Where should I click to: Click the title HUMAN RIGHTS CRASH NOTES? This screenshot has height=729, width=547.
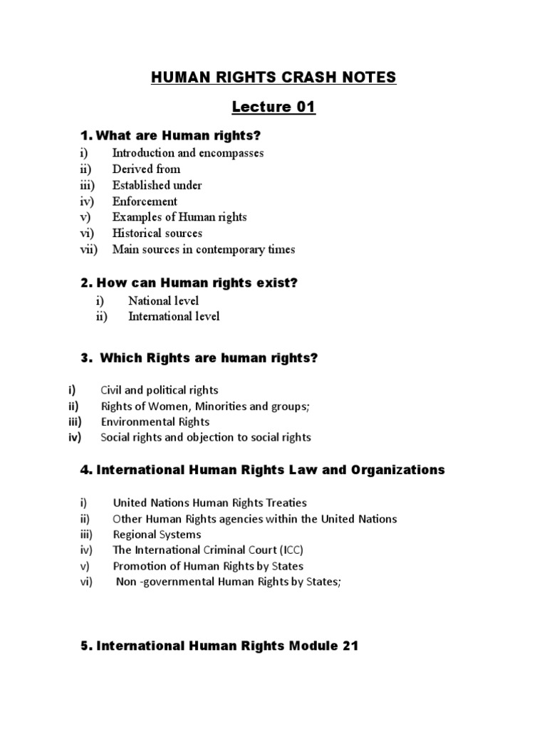pyautogui.click(x=273, y=78)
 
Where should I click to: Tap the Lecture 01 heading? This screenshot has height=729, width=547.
pyautogui.click(x=273, y=107)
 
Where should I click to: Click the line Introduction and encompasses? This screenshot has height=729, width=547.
pyautogui.click(x=188, y=153)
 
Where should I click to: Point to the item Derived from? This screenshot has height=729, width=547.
pyautogui.click(x=146, y=169)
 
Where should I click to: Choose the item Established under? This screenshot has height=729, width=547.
pyautogui.click(x=157, y=185)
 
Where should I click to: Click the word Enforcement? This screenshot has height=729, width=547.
pyautogui.click(x=145, y=201)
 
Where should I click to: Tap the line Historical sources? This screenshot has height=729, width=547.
pyautogui.click(x=157, y=234)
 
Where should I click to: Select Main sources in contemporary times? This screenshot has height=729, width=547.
pyautogui.click(x=203, y=249)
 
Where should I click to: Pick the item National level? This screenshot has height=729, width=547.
pyautogui.click(x=163, y=300)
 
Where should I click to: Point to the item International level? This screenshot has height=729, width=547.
pyautogui.click(x=174, y=317)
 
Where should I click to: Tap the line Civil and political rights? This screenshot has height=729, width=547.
pyautogui.click(x=160, y=390)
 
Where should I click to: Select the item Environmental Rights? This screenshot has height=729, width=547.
pyautogui.click(x=155, y=421)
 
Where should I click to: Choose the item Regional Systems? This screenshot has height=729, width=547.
pyautogui.click(x=157, y=535)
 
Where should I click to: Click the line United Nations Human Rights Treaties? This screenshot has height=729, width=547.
pyautogui.click(x=209, y=503)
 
